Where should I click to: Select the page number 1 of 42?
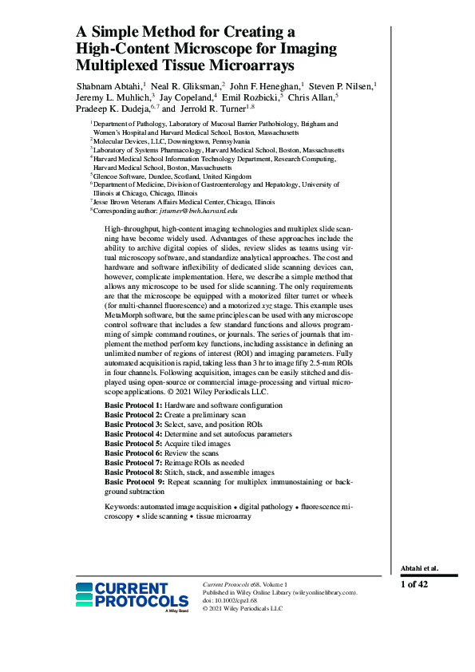[x=414, y=584]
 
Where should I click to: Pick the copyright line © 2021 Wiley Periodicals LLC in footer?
[x=243, y=608]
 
